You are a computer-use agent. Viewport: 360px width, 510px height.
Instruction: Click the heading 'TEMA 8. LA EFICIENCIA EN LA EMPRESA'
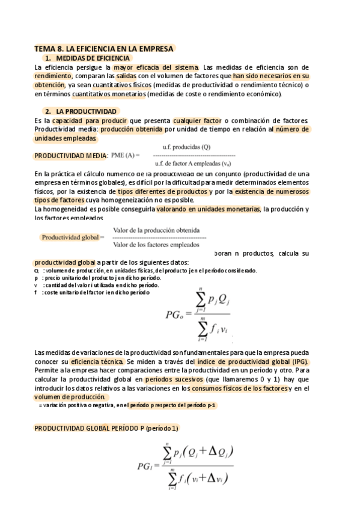point(104,48)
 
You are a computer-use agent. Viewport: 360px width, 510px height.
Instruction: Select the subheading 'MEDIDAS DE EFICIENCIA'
point(93,58)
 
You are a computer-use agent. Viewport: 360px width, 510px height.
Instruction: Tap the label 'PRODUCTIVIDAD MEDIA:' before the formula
point(71,156)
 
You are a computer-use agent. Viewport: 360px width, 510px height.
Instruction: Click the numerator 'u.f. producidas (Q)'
point(186,147)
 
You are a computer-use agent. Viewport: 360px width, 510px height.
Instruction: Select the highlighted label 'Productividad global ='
point(73,237)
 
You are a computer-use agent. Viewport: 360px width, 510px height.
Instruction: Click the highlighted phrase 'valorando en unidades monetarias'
point(208,209)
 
